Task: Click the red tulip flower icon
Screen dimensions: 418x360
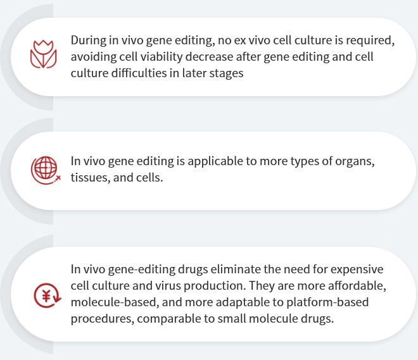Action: pyautogui.click(x=44, y=54)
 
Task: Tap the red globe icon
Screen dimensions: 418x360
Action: pyautogui.click(x=46, y=170)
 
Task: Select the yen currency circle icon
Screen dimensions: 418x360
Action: pyautogui.click(x=47, y=295)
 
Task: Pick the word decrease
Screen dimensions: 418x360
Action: pyautogui.click(x=209, y=57)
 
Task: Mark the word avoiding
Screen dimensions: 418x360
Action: pyautogui.click(x=94, y=57)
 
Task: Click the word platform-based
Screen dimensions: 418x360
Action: pyautogui.click(x=327, y=302)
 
